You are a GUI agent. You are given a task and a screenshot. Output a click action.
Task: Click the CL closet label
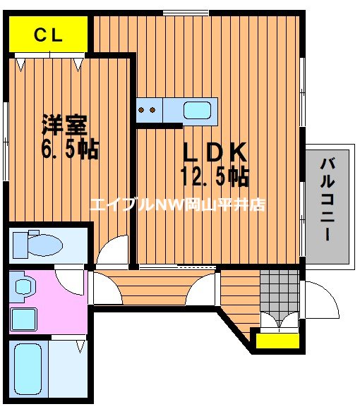(49, 35)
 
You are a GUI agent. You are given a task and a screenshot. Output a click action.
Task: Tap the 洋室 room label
(64, 125)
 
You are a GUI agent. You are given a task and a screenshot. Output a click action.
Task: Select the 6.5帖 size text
(69, 149)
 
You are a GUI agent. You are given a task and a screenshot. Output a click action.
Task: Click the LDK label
(215, 152)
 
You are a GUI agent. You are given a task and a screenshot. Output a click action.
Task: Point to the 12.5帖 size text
(215, 176)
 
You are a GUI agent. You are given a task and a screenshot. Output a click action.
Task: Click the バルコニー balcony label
(327, 199)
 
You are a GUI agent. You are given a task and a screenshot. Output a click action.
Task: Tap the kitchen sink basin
(196, 110)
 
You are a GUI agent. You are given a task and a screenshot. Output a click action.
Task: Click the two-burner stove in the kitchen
(149, 110)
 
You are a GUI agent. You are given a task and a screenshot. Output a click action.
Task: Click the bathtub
(28, 367)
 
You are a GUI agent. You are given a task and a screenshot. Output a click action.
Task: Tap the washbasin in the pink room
(24, 287)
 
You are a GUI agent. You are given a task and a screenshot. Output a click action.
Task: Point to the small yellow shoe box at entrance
(276, 341)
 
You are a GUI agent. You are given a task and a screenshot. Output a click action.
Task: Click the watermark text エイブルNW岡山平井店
(176, 205)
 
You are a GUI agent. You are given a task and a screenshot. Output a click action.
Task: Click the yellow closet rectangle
(49, 35)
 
